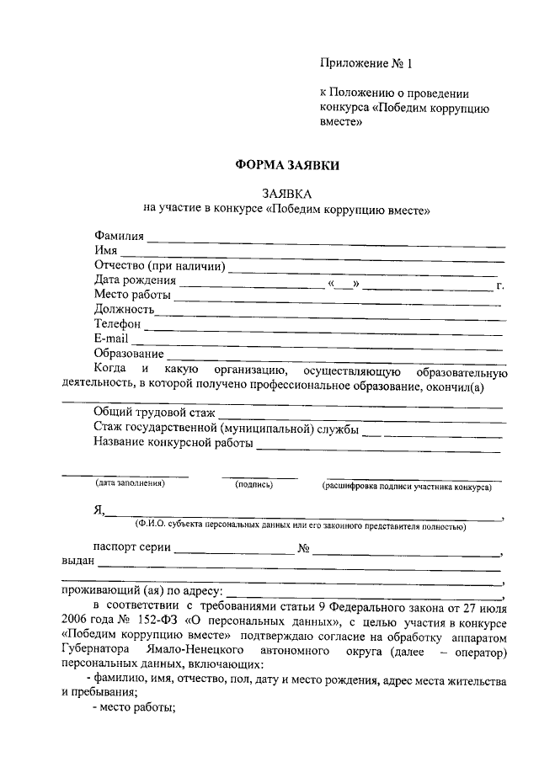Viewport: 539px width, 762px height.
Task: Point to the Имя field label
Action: pyautogui.click(x=105, y=252)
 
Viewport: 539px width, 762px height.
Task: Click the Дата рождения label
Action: pyautogui.click(x=135, y=280)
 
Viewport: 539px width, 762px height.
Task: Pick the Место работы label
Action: pyautogui.click(x=132, y=296)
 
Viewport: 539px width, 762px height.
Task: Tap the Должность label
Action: pyautogui.click(x=124, y=310)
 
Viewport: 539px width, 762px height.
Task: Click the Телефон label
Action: pyautogui.click(x=117, y=324)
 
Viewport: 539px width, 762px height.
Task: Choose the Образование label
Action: pyautogui.click(x=128, y=353)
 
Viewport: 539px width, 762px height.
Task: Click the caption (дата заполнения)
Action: pyautogui.click(x=130, y=483)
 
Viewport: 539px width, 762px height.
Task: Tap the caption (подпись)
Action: pyautogui.click(x=253, y=483)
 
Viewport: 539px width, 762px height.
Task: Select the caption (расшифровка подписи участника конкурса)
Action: pyautogui.click(x=406, y=487)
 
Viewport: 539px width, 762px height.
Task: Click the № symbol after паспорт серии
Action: pyautogui.click(x=304, y=549)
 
